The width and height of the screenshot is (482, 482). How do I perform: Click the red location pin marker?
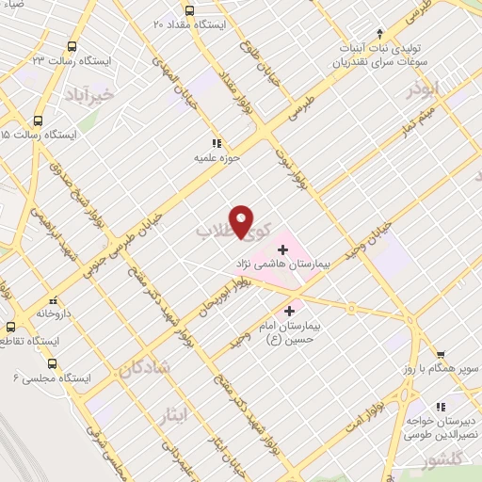[242, 222]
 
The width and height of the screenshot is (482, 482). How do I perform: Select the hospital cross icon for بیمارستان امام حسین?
[289, 308]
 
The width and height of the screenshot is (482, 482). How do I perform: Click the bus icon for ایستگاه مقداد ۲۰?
[190, 11]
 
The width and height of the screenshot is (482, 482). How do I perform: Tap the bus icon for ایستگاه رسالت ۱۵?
[38, 120]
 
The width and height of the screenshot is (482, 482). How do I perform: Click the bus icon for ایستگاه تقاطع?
[11, 326]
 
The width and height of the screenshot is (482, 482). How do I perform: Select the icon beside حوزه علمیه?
[217, 143]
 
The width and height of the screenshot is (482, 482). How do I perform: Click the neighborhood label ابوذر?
[421, 91]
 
